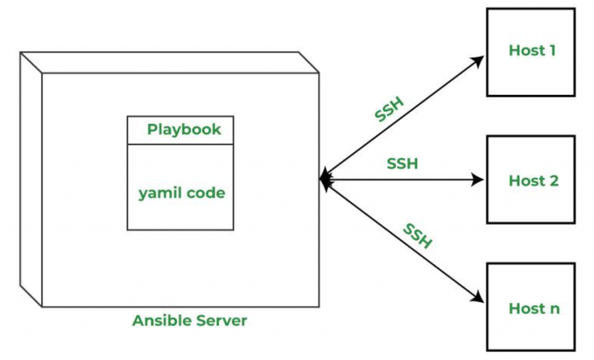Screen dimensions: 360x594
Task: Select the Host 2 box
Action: tap(531, 180)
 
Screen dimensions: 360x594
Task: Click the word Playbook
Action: tap(184, 129)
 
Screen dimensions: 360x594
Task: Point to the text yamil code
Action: tap(182, 193)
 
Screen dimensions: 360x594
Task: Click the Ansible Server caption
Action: tap(190, 321)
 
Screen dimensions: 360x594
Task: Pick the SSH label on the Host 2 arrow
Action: tap(403, 163)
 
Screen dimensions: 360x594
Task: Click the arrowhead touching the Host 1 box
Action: tap(480, 60)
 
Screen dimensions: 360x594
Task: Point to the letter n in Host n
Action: tap(555, 309)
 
